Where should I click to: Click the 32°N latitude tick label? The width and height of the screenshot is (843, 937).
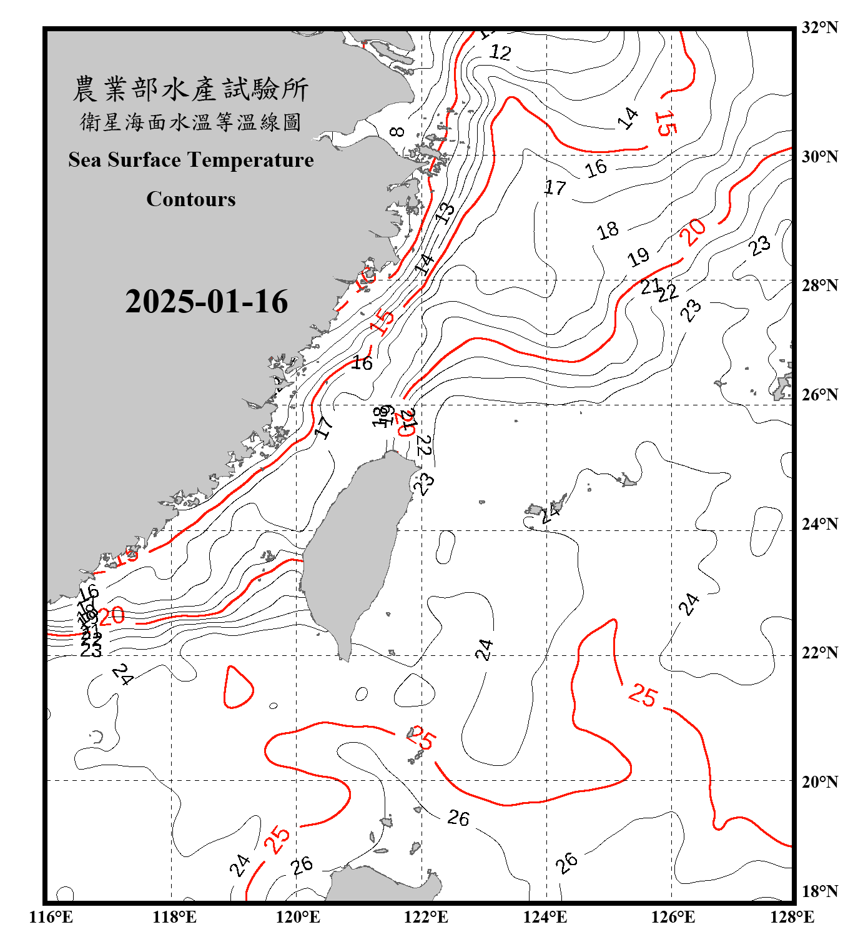pyautogui.click(x=819, y=27)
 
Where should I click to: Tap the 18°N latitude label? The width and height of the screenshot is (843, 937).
pyautogui.click(x=819, y=891)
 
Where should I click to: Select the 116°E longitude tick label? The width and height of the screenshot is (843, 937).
pyautogui.click(x=51, y=917)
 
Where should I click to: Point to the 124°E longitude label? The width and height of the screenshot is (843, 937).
pyautogui.click(x=545, y=917)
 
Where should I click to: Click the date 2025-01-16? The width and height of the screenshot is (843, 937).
pyautogui.click(x=206, y=302)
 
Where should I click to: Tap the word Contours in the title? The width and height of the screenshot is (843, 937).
pyautogui.click(x=191, y=199)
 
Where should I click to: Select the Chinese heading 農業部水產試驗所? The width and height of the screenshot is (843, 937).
pyautogui.click(x=190, y=89)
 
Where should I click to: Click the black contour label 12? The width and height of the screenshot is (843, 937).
pyautogui.click(x=500, y=52)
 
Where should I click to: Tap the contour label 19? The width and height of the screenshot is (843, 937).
pyautogui.click(x=638, y=257)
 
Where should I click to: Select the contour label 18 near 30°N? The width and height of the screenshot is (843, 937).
pyautogui.click(x=608, y=231)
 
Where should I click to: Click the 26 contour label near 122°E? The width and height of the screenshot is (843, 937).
pyautogui.click(x=458, y=818)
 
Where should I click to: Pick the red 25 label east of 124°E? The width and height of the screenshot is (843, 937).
pyautogui.click(x=643, y=695)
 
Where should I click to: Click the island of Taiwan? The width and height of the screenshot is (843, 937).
pyautogui.click(x=353, y=550)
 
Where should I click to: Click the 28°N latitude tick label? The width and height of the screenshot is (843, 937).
pyautogui.click(x=819, y=285)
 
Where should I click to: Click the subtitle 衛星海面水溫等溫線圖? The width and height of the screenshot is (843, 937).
pyautogui.click(x=190, y=122)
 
